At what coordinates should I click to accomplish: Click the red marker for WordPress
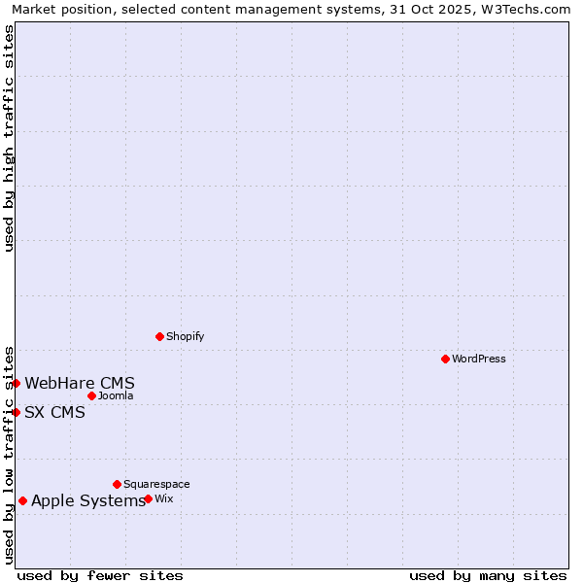coord(445,359)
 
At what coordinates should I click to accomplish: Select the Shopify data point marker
coord(160,336)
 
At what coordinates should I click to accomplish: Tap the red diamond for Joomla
coord(91,395)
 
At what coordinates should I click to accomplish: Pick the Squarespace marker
coord(117,484)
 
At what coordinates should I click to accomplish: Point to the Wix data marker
coord(148,498)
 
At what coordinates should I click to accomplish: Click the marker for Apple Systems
coord(22,500)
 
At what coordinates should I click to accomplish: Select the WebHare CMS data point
coord(17,383)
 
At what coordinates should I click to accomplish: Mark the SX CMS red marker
coord(17,412)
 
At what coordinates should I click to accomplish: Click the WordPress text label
coord(479,359)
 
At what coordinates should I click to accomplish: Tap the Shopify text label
coord(186,336)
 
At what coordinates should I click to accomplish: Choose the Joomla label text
coord(116,395)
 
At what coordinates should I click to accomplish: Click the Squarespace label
coord(156,484)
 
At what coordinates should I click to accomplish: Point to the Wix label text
coord(164,498)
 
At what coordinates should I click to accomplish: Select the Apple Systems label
coord(88,500)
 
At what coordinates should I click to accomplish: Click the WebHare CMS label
coord(80,383)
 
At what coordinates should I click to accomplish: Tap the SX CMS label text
coord(55,412)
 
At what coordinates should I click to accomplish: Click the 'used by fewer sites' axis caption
coord(100,575)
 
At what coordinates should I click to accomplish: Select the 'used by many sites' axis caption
coord(488,575)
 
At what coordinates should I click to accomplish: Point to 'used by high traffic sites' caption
coord(9,138)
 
